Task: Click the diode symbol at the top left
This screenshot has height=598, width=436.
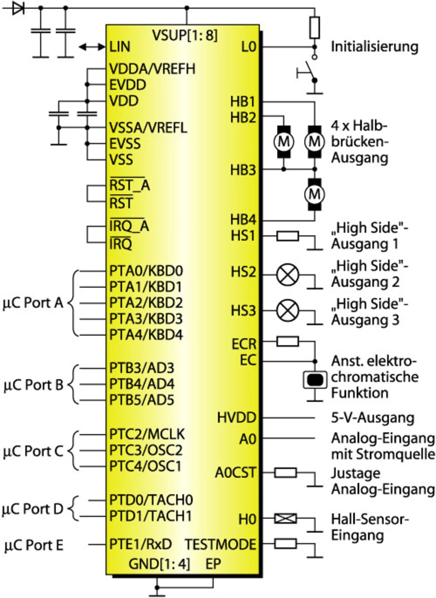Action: pos(18,7)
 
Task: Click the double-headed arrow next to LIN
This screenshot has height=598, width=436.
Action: pos(92,47)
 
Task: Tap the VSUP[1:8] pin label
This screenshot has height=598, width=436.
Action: pos(185,35)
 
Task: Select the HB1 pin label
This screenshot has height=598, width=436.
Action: pos(243,101)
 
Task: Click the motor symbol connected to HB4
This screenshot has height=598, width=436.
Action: pos(314,194)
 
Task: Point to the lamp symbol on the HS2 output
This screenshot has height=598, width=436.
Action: pos(288,275)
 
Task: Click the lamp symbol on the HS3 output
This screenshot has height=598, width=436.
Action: pos(288,311)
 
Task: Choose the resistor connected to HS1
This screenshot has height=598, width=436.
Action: pos(288,236)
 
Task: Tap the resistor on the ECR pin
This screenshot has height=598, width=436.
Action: pos(288,341)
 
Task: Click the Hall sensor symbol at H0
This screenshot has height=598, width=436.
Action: pos(285,519)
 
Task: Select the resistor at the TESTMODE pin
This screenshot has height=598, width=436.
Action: pos(285,544)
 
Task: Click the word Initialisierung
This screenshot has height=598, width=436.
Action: pos(375,47)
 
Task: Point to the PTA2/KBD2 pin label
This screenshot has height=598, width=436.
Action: pos(146,303)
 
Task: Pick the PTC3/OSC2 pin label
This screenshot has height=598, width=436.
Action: pos(146,450)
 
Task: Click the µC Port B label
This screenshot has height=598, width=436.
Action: pos(33,385)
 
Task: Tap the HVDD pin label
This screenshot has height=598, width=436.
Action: pos(237,418)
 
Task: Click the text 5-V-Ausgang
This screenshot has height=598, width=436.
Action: pos(373,418)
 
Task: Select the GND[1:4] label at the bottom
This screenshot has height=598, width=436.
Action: pos(159,564)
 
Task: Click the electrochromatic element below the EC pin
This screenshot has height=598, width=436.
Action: pos(315,380)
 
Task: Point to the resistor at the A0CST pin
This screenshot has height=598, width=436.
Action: pos(285,473)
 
